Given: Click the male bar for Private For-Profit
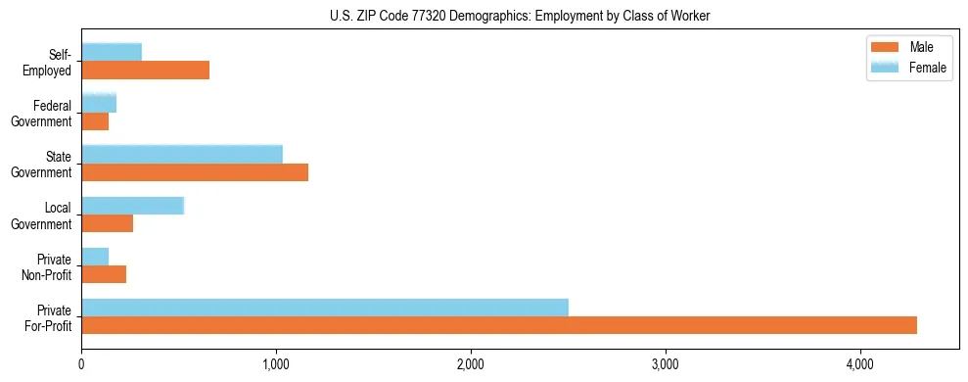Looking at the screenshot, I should coord(499,325).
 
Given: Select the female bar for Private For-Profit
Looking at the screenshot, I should coord(325,308).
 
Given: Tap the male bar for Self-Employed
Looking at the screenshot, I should coord(145,71).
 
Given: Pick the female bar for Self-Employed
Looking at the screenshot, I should coord(112,52).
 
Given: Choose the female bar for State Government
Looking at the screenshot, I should coord(182,154).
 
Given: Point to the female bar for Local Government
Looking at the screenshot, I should coord(132,206).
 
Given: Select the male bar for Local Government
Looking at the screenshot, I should coord(107,223).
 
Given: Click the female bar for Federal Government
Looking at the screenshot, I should coord(99,103).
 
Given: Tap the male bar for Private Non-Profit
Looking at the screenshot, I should coord(104,274).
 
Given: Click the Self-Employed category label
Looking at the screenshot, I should coord(52,63).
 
